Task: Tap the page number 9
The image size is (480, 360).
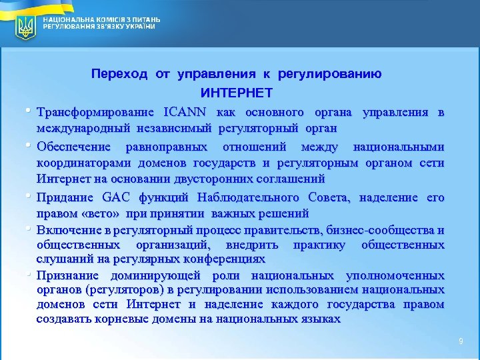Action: pyautogui.click(x=460, y=341)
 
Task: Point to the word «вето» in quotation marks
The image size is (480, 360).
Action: pyautogui.click(x=92, y=213)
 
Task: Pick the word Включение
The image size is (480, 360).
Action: pyautogui.click(x=68, y=230)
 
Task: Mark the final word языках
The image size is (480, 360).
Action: pyautogui.click(x=321, y=319)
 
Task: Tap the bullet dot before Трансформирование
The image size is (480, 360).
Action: pyautogui.click(x=30, y=109)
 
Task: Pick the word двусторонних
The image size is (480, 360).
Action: pyautogui.click(x=205, y=179)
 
